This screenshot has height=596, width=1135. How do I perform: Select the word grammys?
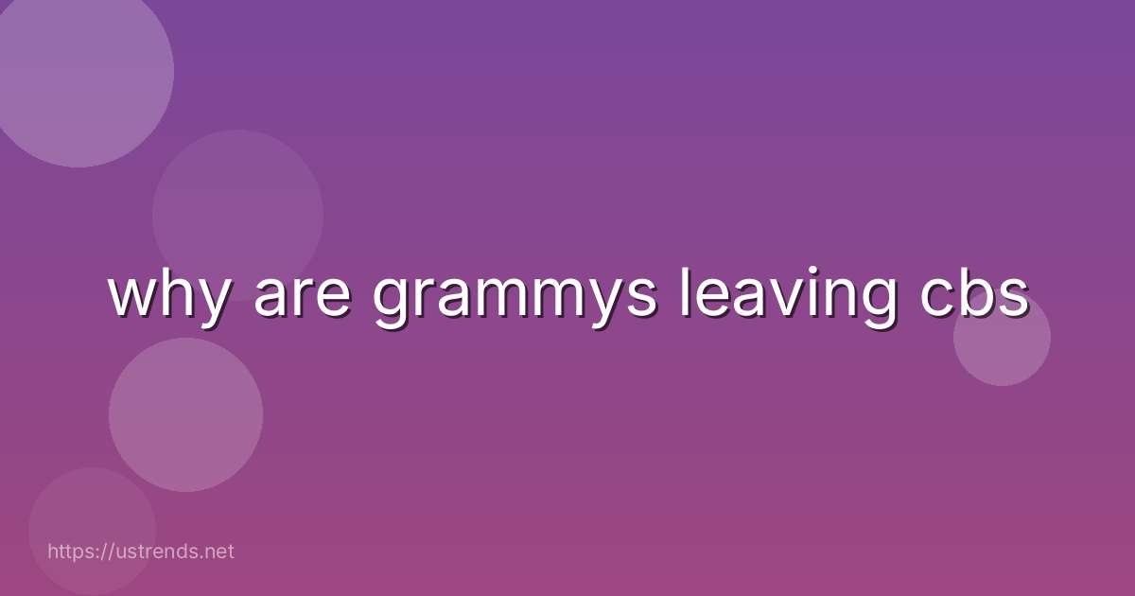[514, 298]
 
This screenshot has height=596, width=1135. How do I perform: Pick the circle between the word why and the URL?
[185, 414]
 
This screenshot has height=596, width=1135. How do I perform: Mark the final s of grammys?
[638, 296]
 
